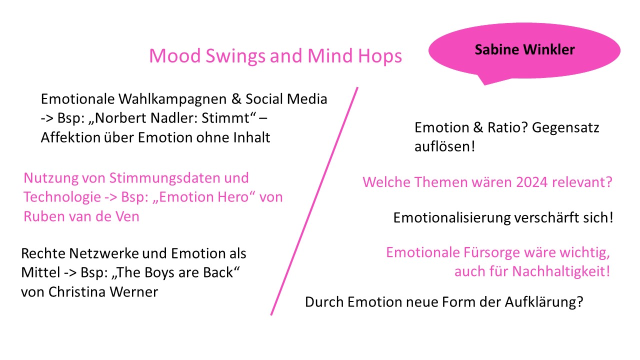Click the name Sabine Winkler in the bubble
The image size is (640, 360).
click(524, 49)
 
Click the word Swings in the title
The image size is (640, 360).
click(235, 56)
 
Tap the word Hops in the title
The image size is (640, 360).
click(380, 56)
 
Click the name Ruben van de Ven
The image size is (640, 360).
click(81, 216)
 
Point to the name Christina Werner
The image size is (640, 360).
click(103, 292)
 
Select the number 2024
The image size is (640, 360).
click(532, 182)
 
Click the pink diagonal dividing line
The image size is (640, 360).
click(314, 201)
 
